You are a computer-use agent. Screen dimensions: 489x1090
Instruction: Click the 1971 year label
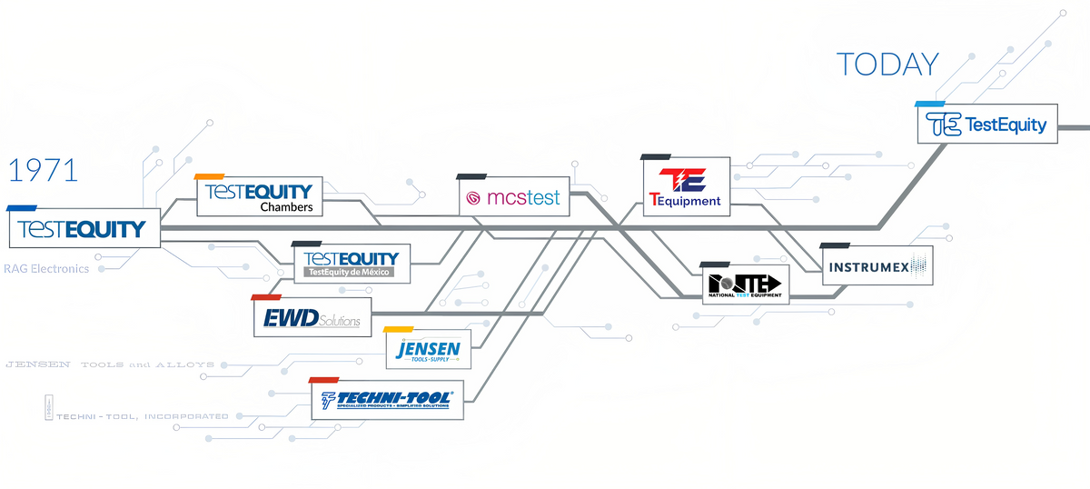(43, 171)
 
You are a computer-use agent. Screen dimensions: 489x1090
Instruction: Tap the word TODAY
(887, 65)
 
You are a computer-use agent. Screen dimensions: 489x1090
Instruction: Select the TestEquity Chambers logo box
(260, 196)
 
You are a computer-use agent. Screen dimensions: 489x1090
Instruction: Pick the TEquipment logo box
(686, 186)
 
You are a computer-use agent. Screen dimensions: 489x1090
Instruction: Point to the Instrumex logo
(876, 265)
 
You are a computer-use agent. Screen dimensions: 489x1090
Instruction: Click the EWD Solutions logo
(312, 318)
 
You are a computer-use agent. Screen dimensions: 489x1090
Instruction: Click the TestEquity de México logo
(351, 263)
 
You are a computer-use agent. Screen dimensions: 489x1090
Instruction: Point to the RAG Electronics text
(46, 269)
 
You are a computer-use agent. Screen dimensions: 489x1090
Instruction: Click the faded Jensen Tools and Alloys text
(110, 364)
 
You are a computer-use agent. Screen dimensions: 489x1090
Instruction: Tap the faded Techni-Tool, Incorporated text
(141, 416)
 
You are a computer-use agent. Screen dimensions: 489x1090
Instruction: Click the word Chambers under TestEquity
(285, 208)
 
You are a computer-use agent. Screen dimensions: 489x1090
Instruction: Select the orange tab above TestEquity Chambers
(210, 176)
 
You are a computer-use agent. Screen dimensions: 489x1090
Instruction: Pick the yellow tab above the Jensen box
(399, 329)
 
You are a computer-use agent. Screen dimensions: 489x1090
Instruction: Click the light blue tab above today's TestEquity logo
(931, 105)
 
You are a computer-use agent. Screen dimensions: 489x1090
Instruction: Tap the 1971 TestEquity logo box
(84, 228)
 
